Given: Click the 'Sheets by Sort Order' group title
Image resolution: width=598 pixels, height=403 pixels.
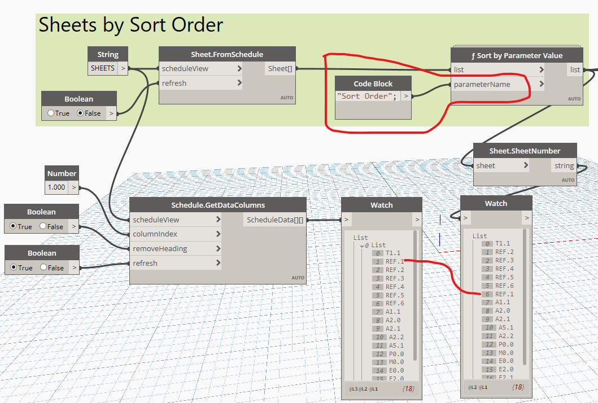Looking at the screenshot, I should [130, 25].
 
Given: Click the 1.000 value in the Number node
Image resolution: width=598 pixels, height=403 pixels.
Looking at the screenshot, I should [57, 187].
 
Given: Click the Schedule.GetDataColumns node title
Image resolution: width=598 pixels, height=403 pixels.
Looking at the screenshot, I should [218, 205].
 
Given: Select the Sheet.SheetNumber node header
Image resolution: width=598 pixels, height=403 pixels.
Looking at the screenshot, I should [525, 151].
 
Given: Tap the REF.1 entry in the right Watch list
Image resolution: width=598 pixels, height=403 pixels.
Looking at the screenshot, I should [504, 294].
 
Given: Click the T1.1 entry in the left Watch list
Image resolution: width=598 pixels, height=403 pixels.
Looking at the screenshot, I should [392, 253].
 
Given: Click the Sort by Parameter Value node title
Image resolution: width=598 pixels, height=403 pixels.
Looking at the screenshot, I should [516, 55].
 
